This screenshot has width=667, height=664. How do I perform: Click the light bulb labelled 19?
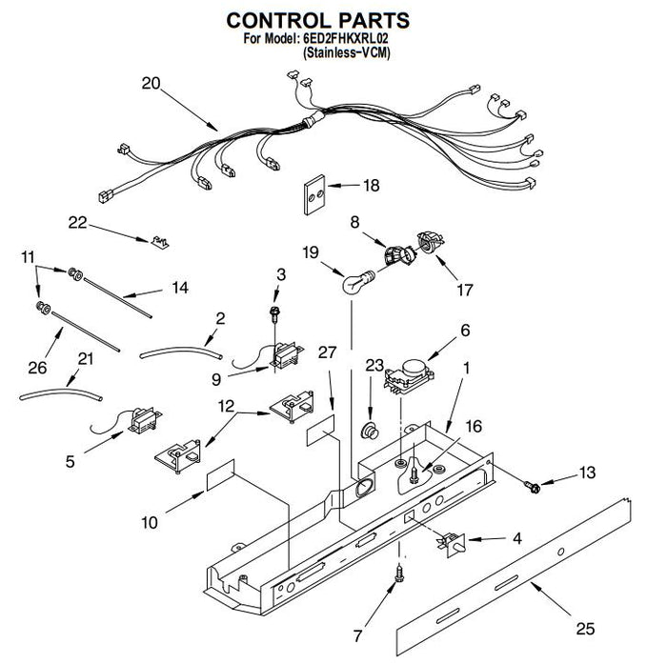tap(358, 280)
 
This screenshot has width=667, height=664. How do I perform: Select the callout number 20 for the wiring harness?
tap(151, 83)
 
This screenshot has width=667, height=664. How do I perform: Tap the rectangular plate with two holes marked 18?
tap(314, 195)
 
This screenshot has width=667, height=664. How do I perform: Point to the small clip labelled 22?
tap(160, 242)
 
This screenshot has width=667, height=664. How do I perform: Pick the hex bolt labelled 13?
tap(532, 486)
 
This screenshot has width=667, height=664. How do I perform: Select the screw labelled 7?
tap(399, 573)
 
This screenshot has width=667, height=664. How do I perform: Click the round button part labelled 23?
tap(370, 431)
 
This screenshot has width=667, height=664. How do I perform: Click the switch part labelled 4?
tap(452, 545)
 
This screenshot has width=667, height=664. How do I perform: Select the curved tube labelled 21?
tap(61, 393)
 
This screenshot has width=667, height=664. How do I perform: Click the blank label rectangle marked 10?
tap(220, 475)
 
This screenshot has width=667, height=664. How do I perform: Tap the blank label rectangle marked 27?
tap(320, 431)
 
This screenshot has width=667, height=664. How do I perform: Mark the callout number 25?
tap(585, 628)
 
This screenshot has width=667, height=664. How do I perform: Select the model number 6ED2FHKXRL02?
tap(345, 39)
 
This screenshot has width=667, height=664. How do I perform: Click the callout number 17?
tap(465, 291)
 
